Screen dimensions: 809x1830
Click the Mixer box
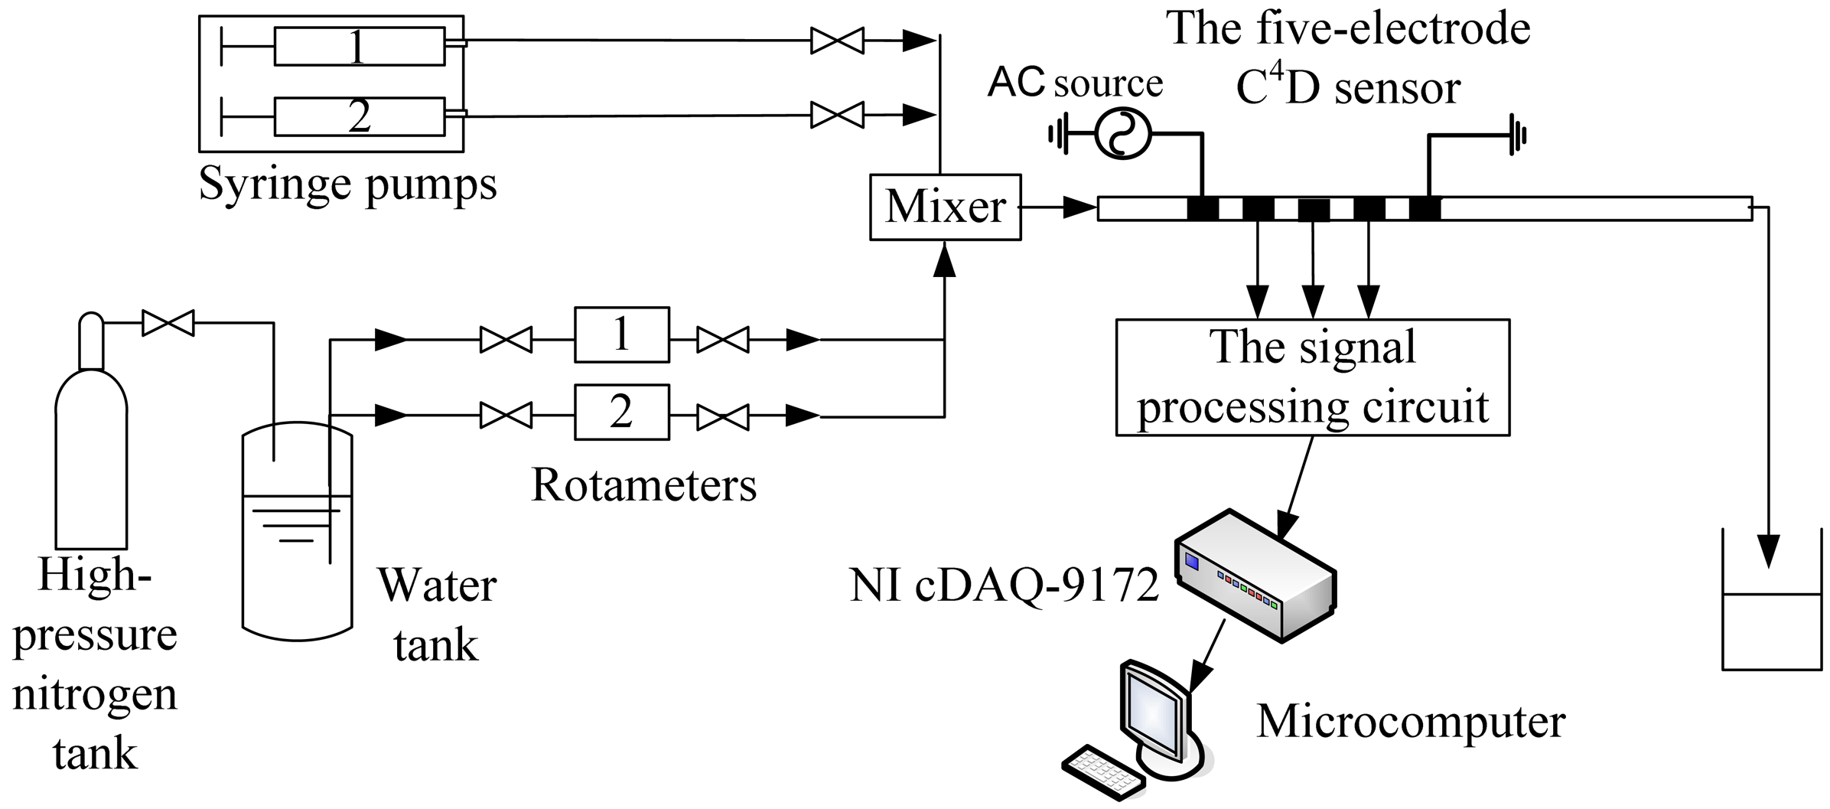pos(945,207)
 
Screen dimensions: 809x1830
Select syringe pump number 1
pos(359,47)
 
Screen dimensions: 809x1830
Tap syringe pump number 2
pos(359,116)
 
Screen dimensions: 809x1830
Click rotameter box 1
pos(621,334)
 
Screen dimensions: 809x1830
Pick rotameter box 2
pos(621,412)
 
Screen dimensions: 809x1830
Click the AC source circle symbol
pos(1122,134)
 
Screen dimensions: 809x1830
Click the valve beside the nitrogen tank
pos(168,323)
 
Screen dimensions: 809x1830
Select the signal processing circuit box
pos(1312,377)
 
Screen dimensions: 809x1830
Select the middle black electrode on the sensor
pos(1313,209)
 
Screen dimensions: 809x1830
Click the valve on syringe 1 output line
pos(837,40)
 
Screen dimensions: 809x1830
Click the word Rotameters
pos(643,485)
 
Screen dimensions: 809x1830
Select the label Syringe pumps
pos(348,184)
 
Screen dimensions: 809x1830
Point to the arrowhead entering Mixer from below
pos(946,261)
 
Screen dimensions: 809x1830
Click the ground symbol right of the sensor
pos(1517,135)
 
